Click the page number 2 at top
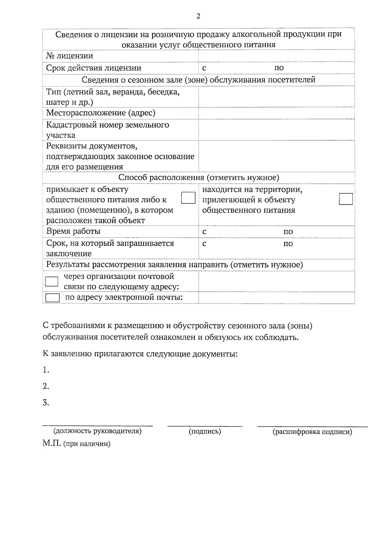point(198,16)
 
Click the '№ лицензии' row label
point(69,56)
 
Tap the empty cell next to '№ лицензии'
point(276,56)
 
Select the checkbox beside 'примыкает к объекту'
point(188,198)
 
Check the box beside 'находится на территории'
point(346,199)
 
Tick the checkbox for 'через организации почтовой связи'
point(51,282)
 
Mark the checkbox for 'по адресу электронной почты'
point(52,298)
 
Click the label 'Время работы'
point(73,231)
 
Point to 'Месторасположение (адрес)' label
point(100,113)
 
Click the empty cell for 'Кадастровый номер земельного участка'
point(276,130)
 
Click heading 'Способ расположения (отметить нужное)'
point(198,177)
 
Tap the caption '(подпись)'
point(205,431)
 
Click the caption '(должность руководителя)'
point(97,431)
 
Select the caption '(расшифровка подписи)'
point(312,432)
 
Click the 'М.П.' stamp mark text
point(51,443)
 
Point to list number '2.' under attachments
point(46,386)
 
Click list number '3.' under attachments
point(46,403)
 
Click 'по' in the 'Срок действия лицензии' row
point(279,68)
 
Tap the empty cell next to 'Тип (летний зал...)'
point(276,97)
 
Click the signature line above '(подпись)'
point(205,426)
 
